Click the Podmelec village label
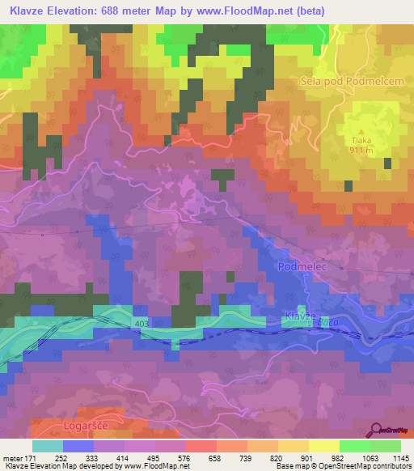pos(301,265)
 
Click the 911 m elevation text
pos(361,150)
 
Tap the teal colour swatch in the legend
pos(47,446)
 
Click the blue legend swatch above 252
pos(78,446)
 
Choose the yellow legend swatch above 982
pos(323,446)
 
